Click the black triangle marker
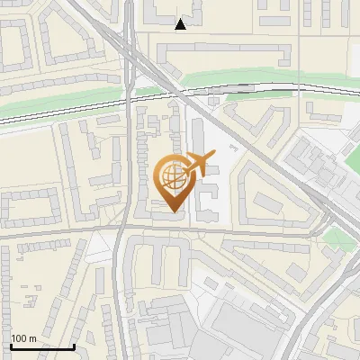(181, 24)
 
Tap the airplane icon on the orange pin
(199, 164)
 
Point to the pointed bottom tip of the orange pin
(173, 211)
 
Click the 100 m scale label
(23, 338)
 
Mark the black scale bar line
(42, 346)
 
